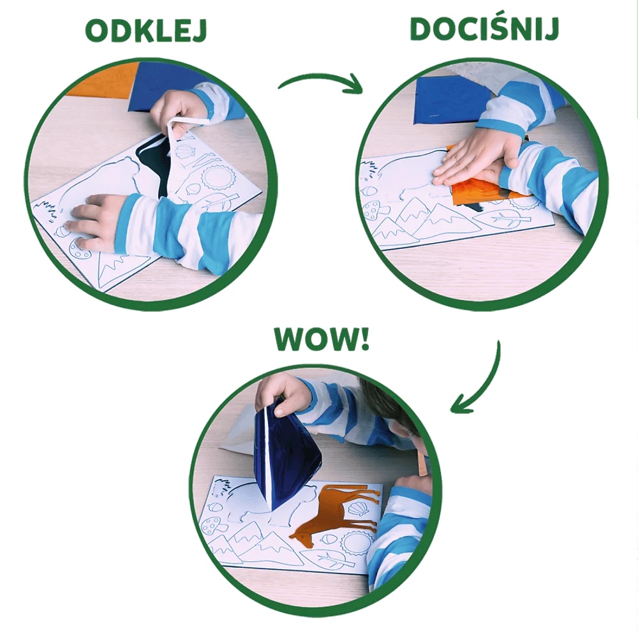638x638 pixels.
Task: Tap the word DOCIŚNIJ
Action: (x=485, y=29)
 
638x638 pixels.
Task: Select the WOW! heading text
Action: (x=322, y=340)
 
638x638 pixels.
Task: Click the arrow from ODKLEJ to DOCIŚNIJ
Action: (x=319, y=84)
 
